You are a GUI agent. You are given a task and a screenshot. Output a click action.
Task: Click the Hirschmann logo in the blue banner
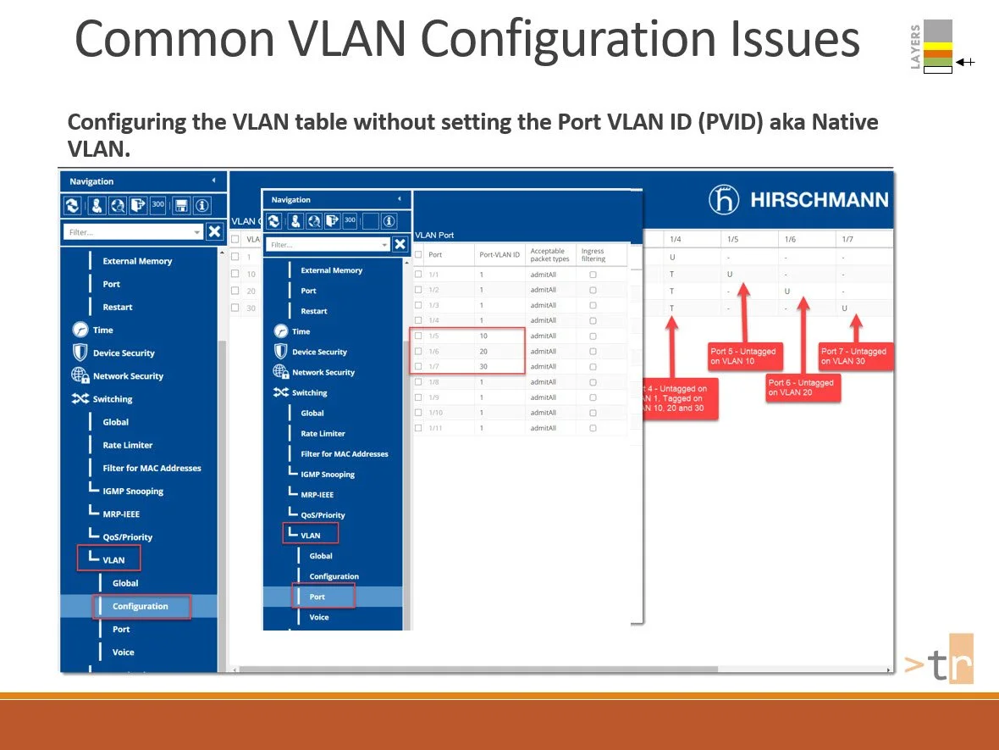click(798, 200)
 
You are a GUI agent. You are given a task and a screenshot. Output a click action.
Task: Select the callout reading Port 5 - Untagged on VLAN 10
click(743, 356)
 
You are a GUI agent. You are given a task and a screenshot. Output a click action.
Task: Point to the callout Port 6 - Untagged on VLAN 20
click(801, 387)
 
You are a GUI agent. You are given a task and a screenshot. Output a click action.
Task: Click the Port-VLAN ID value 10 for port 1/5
click(483, 336)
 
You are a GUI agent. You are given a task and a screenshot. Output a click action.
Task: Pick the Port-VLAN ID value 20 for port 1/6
click(483, 352)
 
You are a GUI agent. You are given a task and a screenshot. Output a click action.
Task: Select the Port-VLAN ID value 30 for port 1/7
click(483, 367)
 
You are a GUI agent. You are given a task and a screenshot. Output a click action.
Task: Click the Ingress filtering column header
click(593, 254)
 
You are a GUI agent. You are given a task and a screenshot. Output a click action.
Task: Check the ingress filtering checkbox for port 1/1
click(593, 275)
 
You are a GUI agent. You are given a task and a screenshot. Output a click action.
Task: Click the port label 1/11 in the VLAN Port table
click(435, 428)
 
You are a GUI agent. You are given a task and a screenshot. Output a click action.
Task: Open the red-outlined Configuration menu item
click(141, 606)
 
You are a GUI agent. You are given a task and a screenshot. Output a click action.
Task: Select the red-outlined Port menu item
click(317, 597)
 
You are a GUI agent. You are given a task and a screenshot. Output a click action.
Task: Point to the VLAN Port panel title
click(434, 235)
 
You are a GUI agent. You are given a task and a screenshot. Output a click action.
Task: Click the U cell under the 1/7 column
click(844, 308)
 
